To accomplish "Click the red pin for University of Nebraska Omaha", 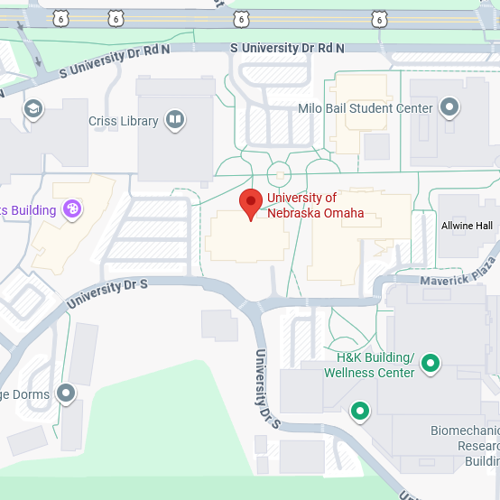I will coord(250,204).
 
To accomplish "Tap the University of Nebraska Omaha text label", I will coord(315,206).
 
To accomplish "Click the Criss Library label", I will coord(123,120).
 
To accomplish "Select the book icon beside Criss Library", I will coord(175,119).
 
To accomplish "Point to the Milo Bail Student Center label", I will coord(366,108).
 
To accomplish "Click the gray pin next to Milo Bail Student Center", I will coord(449,108).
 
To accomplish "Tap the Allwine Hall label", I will coord(467,226).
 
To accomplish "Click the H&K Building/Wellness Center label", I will coord(369,365).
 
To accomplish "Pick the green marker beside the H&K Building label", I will coord(431,364).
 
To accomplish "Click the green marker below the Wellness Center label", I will coord(361,412).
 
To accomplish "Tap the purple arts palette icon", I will coord(73,210).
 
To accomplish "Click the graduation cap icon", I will coord(33,108).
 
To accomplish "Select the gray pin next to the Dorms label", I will coord(65,393).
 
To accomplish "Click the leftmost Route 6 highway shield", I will coord(60,18).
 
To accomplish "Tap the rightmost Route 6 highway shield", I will coord(378,18).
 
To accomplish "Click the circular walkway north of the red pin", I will coord(279,173).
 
